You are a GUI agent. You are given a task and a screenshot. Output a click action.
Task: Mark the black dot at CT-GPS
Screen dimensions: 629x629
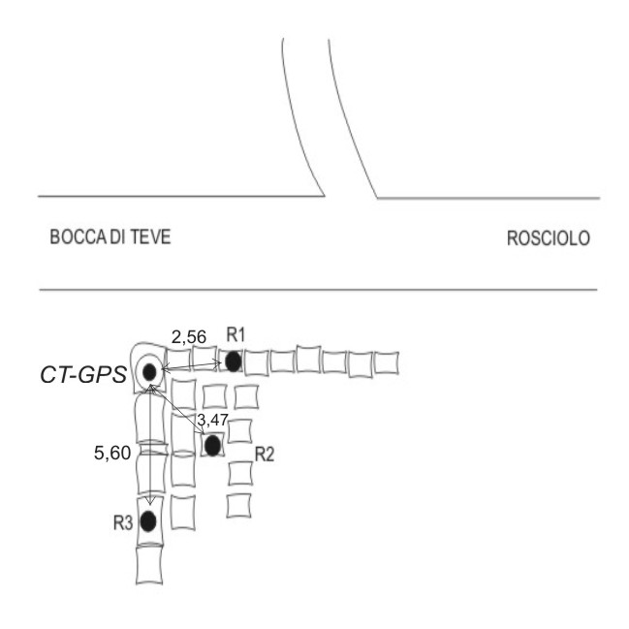[149, 372]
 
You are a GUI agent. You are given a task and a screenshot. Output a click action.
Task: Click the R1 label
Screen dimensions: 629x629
[236, 335]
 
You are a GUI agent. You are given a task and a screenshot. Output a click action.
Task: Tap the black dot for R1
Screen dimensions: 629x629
[233, 362]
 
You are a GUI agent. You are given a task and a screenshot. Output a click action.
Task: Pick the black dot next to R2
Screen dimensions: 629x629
[212, 446]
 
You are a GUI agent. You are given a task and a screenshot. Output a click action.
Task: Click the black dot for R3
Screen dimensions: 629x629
[148, 521]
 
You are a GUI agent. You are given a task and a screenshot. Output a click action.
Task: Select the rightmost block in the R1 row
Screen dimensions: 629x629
[386, 362]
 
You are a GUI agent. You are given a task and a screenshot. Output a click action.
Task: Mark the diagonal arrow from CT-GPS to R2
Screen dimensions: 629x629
[179, 408]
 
